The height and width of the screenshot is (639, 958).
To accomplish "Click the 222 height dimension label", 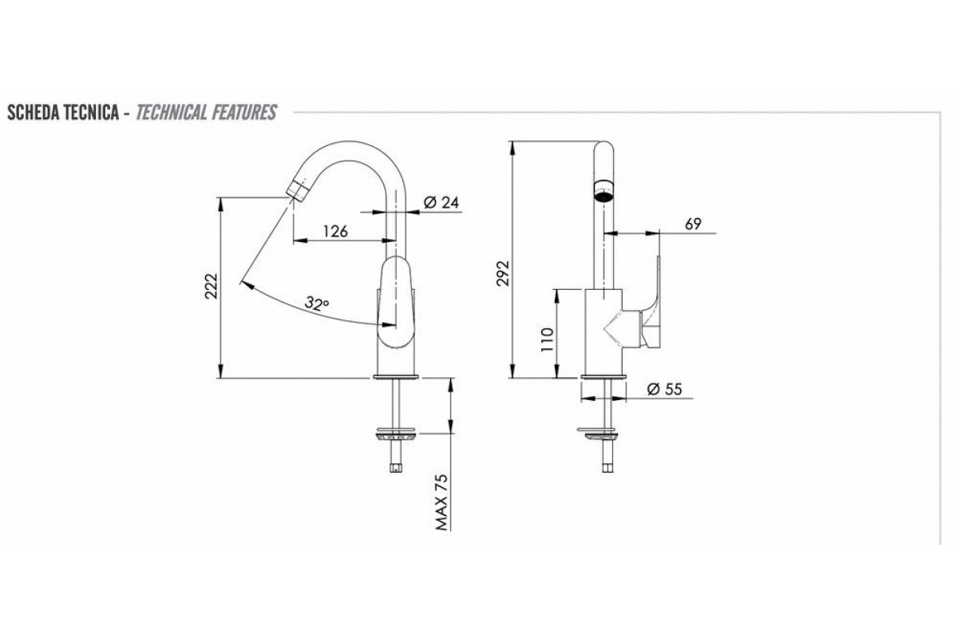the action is point(212,286).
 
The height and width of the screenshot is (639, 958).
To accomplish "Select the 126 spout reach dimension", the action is point(335,232).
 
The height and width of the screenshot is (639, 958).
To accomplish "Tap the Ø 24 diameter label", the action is point(441,202).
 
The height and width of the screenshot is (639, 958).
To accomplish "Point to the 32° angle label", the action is point(317,303).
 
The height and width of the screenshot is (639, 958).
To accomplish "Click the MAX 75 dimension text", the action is point(441,502).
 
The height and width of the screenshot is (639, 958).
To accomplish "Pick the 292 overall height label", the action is point(504,272).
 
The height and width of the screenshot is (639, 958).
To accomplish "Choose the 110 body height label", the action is point(547,339).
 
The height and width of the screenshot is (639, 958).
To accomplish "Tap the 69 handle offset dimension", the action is point(693,224).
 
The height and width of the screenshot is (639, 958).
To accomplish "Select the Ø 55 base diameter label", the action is point(664,389).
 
